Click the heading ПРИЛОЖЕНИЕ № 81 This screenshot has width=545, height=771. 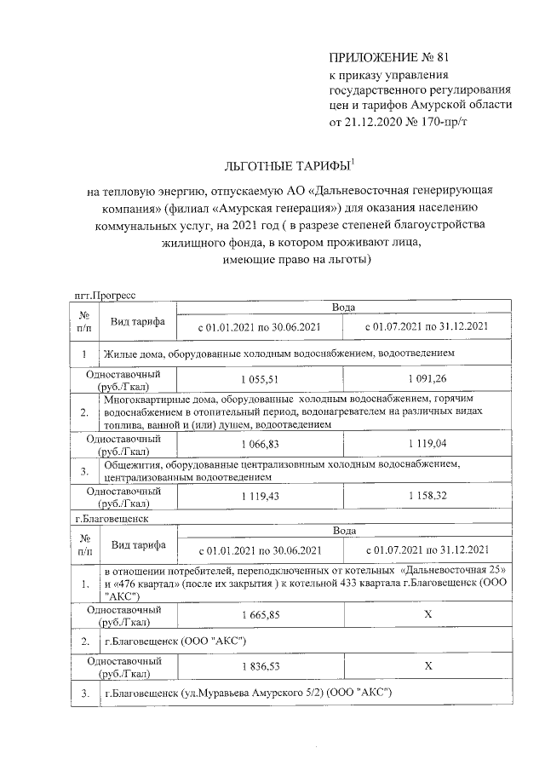coord(387,57)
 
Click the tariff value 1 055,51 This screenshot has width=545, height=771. coord(261,378)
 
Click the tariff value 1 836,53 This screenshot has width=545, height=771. coord(261,665)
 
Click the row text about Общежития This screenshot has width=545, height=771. coord(281,470)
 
